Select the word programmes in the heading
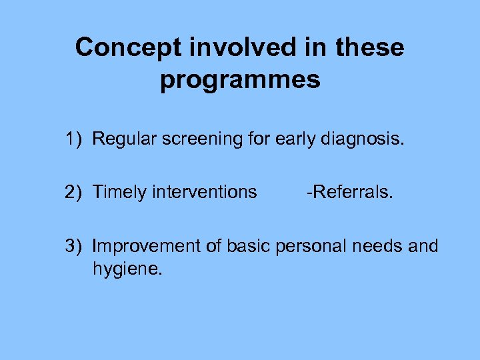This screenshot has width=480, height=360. (240, 79)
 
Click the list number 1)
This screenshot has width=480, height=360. (74, 139)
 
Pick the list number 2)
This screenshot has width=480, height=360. (74, 193)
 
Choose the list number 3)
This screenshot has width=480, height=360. (74, 247)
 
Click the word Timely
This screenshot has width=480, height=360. (119, 193)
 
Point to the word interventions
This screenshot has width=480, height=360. (205, 193)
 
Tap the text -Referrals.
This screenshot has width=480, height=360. (350, 193)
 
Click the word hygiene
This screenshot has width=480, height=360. (127, 270)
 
